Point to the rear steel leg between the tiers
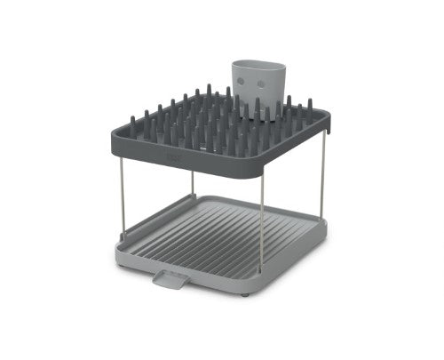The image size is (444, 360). tap(193, 182)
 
